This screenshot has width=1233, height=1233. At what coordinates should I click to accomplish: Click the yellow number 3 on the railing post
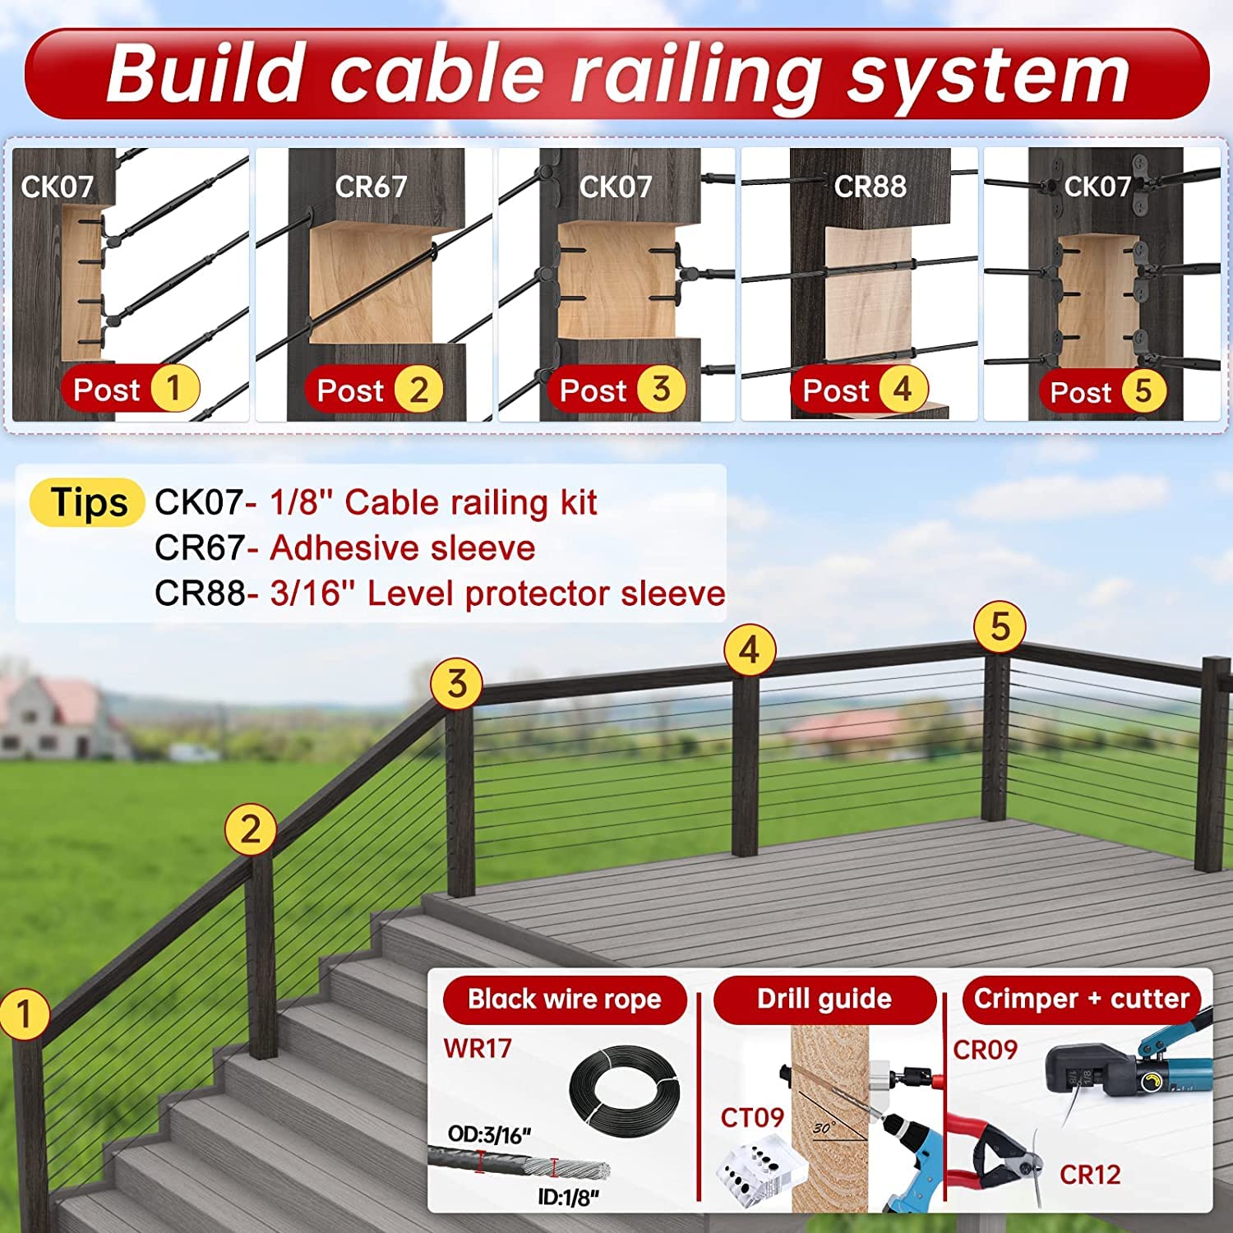click(457, 684)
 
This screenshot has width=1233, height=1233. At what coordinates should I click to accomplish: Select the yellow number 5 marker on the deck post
click(1000, 627)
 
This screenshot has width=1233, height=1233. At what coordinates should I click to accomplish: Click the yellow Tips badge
click(88, 502)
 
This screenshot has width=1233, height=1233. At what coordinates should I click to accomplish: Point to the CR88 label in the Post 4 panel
click(870, 187)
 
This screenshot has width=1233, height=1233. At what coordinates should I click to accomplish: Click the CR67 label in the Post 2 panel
click(371, 187)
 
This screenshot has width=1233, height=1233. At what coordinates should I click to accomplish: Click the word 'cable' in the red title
click(436, 73)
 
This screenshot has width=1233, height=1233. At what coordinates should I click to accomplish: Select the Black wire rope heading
click(565, 1000)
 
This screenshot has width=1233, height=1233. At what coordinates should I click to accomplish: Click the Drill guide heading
click(824, 999)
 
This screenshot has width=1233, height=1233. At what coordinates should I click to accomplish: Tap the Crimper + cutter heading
click(1082, 999)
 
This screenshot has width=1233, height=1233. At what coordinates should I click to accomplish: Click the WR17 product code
click(478, 1048)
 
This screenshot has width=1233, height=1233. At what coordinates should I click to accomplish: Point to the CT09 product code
click(752, 1118)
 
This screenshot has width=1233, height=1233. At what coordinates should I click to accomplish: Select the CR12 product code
click(1090, 1175)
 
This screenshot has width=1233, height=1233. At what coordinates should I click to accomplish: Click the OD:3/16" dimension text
click(489, 1136)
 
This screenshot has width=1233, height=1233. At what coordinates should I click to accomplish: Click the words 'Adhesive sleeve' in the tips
click(403, 548)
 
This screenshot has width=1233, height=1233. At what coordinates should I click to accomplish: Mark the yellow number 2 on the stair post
click(250, 830)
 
